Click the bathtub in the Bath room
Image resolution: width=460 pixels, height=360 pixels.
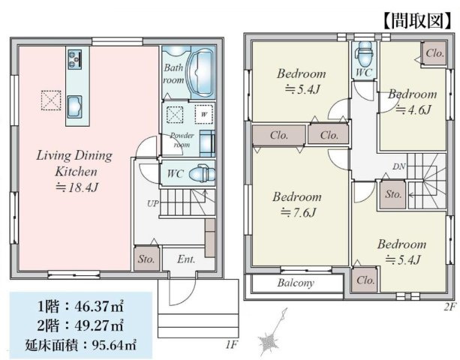200,73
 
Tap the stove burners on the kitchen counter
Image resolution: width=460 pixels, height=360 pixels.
75,59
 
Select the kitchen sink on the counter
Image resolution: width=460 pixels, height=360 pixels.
74,107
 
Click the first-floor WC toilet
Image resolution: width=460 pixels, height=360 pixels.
202,174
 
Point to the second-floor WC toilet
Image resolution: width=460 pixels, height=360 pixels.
364,54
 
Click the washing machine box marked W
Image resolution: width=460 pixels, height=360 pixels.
204,114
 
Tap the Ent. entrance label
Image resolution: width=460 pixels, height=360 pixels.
186,259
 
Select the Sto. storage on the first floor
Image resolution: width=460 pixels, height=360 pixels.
146,259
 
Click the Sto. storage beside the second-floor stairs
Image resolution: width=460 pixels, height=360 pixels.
392,194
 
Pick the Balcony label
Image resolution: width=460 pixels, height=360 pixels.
296,283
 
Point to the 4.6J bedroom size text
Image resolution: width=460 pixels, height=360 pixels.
413,110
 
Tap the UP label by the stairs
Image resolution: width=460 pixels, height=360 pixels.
153,203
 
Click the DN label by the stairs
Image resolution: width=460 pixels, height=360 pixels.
399,166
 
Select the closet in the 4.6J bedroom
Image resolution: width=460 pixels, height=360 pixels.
434,53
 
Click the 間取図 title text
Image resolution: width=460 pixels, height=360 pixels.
417,20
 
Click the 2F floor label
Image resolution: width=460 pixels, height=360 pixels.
449,306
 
